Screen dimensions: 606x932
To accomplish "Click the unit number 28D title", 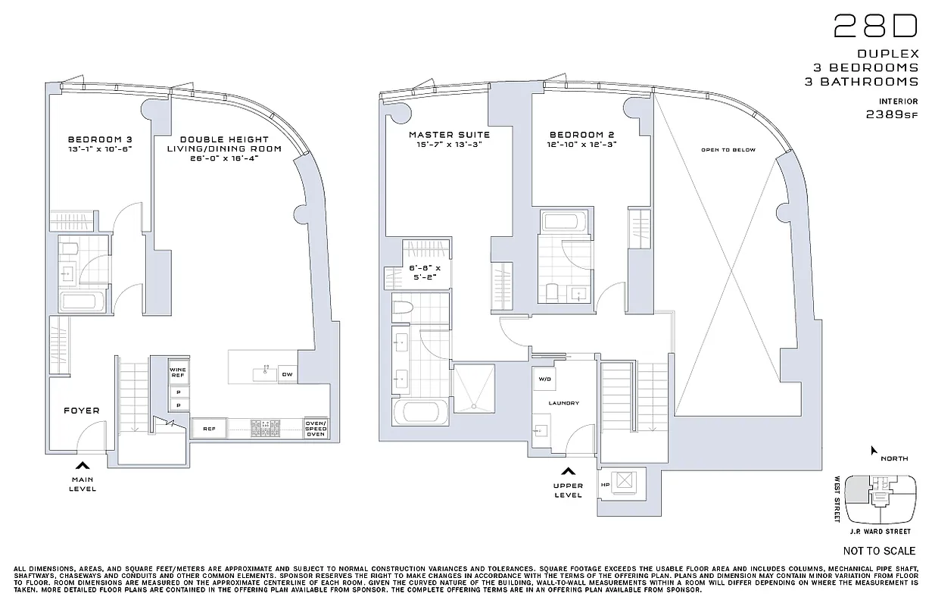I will [x=875, y=27].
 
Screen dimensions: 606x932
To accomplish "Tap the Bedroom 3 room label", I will [x=99, y=139].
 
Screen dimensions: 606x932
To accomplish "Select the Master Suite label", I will [x=449, y=135].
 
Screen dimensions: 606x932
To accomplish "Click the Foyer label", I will [x=81, y=411].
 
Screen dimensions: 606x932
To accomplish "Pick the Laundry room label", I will [x=564, y=403].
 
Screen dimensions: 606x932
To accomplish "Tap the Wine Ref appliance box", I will [x=179, y=373].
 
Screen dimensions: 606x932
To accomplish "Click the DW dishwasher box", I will [x=287, y=374].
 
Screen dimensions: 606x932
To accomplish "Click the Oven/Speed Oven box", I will [x=315, y=429].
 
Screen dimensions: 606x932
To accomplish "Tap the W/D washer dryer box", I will [x=544, y=379].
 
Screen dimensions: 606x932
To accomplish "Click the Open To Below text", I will [x=728, y=150].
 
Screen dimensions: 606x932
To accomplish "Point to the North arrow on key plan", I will [x=874, y=451].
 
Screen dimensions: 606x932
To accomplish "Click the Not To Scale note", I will [x=878, y=551].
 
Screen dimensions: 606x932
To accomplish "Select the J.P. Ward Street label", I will [x=881, y=532].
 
